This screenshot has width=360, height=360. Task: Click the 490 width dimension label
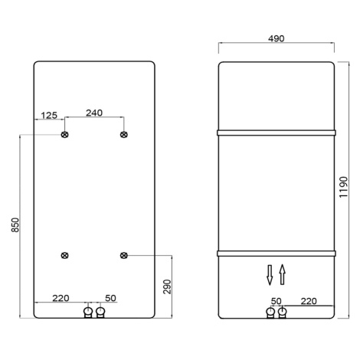(277, 38)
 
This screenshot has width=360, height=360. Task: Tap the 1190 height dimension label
(344, 187)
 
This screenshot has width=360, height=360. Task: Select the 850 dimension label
(15, 225)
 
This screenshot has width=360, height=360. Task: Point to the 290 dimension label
(167, 286)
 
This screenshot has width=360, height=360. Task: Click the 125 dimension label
(49, 116)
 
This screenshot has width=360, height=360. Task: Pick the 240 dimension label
(94, 113)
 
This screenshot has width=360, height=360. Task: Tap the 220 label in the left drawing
(61, 298)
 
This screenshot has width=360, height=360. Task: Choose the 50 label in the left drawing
(110, 298)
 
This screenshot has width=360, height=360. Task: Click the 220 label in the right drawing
(309, 301)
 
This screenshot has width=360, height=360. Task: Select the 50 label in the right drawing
(276, 301)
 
